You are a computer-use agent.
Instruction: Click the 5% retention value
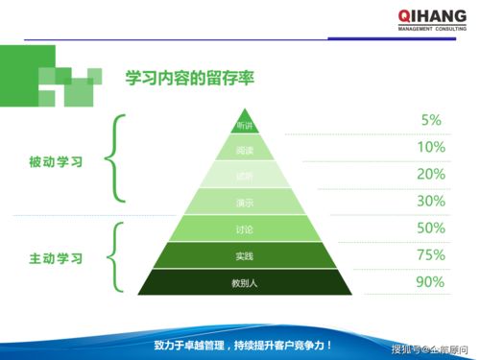431,120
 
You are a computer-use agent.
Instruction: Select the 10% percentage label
431,147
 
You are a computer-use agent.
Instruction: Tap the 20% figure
431,174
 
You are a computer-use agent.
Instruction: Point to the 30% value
431,201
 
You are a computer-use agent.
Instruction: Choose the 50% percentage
431,228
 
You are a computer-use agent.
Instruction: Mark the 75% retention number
431,254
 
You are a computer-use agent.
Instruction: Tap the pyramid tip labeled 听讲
244,126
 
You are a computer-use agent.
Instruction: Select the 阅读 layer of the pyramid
244,150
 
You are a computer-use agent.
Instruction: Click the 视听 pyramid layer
244,175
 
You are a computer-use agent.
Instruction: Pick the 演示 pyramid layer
244,202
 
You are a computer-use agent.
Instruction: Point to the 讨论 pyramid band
244,228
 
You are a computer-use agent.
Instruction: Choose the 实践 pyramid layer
244,255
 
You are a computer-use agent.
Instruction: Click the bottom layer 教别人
244,282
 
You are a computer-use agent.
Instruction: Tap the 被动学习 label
57,162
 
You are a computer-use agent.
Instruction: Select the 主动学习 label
57,258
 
